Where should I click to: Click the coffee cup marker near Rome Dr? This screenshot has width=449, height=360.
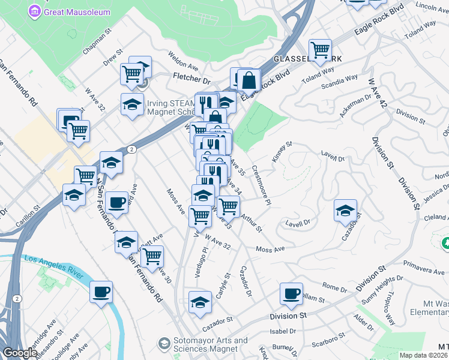coord(291,293)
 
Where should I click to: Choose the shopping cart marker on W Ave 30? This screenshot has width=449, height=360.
coord(152,256)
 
